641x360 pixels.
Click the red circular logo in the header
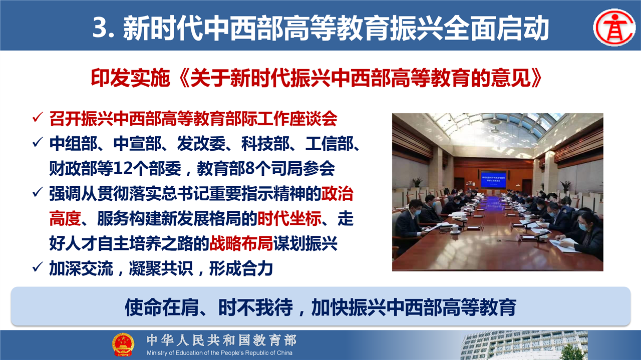pos(614,27)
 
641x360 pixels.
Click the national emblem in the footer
pos(123,344)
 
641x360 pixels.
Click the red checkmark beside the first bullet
pos(38,117)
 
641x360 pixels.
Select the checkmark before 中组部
pos(38,142)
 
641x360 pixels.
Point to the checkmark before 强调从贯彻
pos(38,192)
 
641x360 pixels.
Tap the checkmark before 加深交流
pos(38,267)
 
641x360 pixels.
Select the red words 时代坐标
pos(289,219)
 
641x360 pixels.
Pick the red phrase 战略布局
pos(241,244)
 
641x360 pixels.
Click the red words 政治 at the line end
pos(338,194)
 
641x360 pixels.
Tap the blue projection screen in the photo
pos(493,179)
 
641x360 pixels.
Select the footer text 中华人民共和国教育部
pos(221,340)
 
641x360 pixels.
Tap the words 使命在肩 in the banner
pos(162,307)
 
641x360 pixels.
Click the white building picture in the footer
pos(524,345)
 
